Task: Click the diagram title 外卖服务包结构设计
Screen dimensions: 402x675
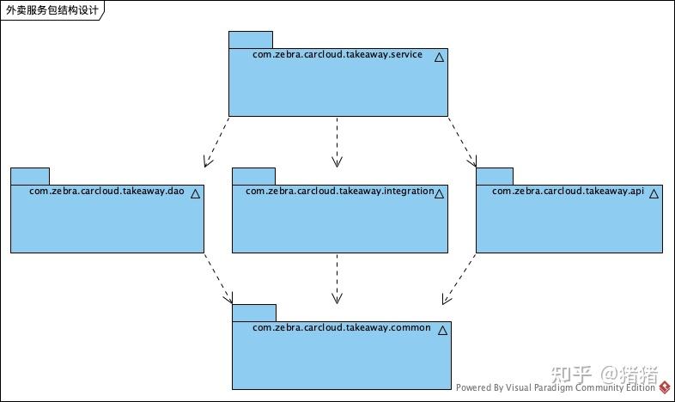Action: click(52, 11)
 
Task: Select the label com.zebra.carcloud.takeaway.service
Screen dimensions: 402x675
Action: click(337, 55)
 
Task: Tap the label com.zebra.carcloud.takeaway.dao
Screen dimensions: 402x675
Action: click(106, 191)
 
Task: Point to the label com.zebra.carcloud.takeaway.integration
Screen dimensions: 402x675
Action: click(339, 191)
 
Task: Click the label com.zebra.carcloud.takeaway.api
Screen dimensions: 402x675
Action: click(568, 191)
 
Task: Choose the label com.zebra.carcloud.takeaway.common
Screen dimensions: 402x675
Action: click(341, 328)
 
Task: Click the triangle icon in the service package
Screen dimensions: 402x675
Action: click(439, 58)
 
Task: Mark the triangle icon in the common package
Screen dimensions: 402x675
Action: click(442, 331)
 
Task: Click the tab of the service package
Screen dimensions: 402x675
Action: click(250, 40)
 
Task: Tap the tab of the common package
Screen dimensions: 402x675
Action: click(253, 313)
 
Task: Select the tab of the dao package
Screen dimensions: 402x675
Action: click(30, 176)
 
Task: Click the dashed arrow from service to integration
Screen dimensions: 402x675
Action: click(337, 141)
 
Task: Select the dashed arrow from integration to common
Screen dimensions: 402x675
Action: click(337, 278)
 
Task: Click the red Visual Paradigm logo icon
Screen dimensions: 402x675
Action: click(665, 387)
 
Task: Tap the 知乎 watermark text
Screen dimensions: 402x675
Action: click(570, 375)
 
